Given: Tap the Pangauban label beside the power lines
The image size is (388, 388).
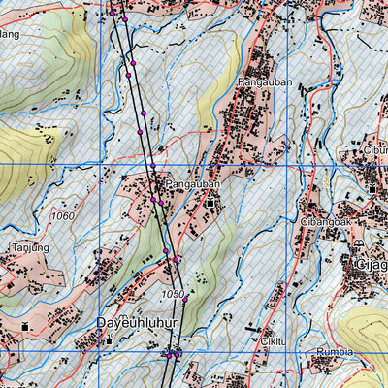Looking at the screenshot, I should (193, 183).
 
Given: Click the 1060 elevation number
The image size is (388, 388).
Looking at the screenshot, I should (64, 215).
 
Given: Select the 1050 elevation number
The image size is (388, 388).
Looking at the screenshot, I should (173, 293).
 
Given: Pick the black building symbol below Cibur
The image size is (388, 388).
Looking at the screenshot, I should (372, 185).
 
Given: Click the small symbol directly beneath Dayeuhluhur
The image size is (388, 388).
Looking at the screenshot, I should (111, 338).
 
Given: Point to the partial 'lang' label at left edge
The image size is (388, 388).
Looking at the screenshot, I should (10, 34).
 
